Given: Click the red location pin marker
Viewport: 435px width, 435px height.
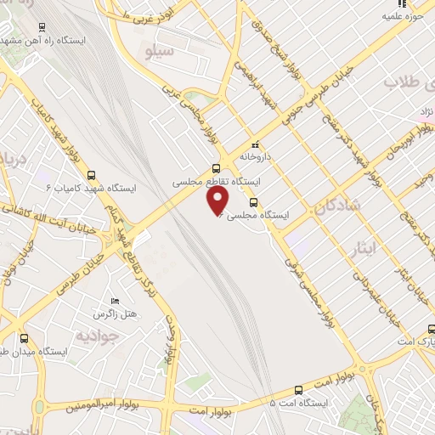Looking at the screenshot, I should coord(218,200).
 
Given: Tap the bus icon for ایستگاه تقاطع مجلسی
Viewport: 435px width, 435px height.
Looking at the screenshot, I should coord(216,167).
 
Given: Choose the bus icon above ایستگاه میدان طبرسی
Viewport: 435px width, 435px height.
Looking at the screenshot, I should coord(25,336).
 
